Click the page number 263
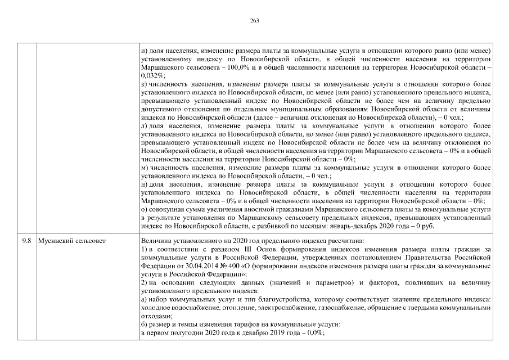pyautogui.click(x=254, y=20)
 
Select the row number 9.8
pyautogui.click(x=26, y=240)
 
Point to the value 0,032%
pyautogui.click(x=152, y=75)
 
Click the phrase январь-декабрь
pyautogui.click(x=382, y=226)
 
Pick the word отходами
pyautogui.click(x=155, y=316)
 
